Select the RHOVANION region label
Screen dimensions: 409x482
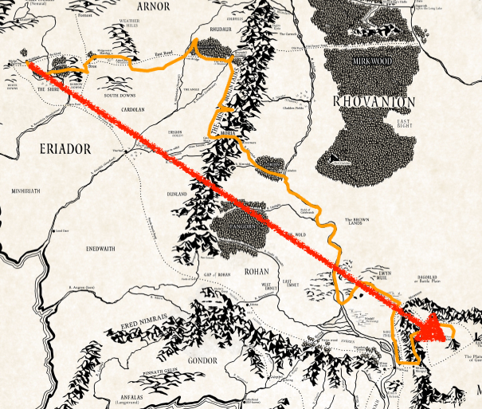[374, 101]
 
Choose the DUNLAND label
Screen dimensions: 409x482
[176, 194]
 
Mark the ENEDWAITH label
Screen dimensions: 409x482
[100, 248]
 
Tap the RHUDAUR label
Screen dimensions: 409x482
[208, 33]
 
